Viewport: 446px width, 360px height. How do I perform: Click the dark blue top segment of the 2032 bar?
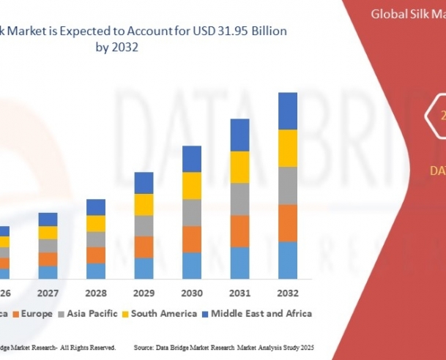287,110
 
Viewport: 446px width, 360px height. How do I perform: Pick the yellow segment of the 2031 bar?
239,167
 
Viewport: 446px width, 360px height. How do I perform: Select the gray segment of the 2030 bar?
191,212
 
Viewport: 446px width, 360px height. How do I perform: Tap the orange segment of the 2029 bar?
144,247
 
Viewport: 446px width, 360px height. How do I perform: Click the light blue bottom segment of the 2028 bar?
96,271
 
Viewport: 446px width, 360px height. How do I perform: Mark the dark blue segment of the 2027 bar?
48,220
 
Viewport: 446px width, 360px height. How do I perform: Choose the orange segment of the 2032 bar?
287,222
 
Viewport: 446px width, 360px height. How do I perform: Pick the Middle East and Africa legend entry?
261,314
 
